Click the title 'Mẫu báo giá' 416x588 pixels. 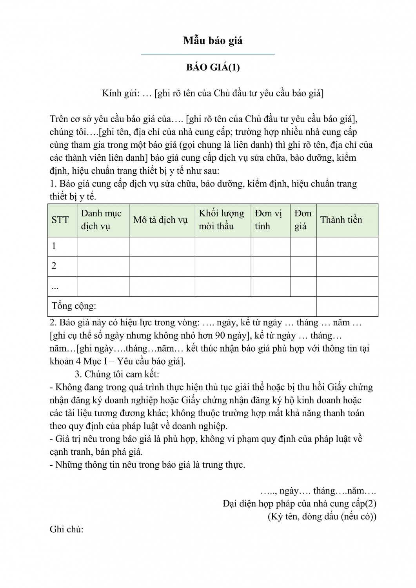point(213,41)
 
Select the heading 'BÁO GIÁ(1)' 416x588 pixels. point(213,67)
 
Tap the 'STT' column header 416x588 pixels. point(60,220)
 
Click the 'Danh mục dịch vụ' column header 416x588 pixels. point(101,220)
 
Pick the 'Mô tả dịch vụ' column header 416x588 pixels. point(160,220)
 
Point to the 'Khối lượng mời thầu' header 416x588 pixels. point(221,220)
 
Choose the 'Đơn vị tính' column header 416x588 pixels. point(269,220)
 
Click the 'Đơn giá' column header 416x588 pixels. point(303,220)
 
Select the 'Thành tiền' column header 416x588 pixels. point(341,220)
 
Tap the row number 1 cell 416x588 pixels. point(54,246)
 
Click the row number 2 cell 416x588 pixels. point(54,266)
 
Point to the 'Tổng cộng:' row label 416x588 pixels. point(74,306)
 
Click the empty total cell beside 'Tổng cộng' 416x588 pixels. point(347,306)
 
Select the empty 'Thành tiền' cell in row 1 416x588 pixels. point(347,246)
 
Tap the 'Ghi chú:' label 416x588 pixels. point(67,530)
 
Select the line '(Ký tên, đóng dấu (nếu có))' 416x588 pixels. point(322,517)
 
